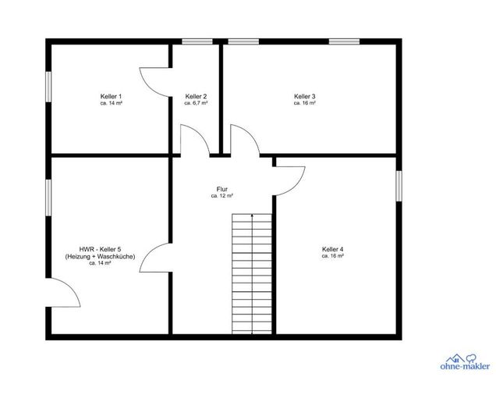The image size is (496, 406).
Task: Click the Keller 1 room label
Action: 111,96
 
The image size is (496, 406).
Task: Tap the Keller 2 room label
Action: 196,96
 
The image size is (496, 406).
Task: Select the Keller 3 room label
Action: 305,96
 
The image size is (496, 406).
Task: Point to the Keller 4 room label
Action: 332,249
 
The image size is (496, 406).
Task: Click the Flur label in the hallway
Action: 221,190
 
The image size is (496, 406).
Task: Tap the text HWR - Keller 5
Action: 100,249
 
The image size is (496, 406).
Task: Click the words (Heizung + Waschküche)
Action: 100,256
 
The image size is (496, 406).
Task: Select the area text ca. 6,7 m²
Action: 196,103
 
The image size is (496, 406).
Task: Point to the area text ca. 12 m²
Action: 221,196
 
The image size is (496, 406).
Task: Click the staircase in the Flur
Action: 252,274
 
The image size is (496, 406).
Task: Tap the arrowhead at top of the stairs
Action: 252,215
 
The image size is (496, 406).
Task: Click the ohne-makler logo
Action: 465,361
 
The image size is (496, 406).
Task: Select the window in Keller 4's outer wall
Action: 399,186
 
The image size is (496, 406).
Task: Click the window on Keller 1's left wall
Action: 48,87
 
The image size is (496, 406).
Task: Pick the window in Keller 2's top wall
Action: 197,41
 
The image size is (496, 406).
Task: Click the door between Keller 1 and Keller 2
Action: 155,82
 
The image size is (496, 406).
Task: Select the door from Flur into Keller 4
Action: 289,181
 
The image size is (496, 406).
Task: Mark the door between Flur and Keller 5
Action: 155,258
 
